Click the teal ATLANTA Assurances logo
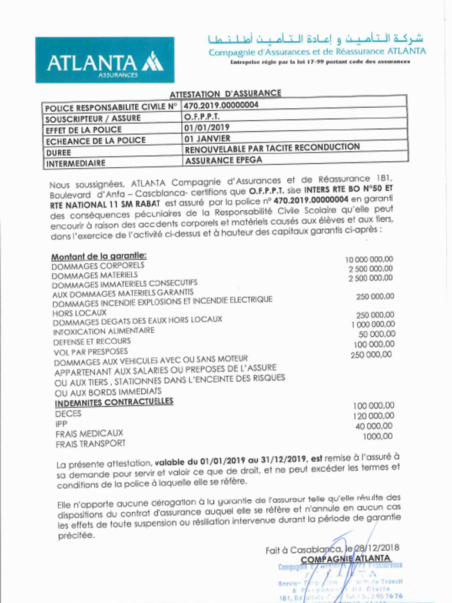tap(105, 60)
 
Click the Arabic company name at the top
tap(317, 39)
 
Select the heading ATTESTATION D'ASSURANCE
tap(225, 94)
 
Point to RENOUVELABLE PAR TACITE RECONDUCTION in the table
tap(271, 148)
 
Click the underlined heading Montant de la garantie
tap(98, 256)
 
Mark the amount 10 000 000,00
tap(369, 259)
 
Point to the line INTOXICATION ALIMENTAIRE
tap(104, 331)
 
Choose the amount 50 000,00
tap(377, 334)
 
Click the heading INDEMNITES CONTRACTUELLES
tap(114, 402)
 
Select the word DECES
tap(68, 414)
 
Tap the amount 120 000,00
tap(374, 416)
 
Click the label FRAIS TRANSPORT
tap(91, 443)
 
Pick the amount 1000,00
tap(378, 436)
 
